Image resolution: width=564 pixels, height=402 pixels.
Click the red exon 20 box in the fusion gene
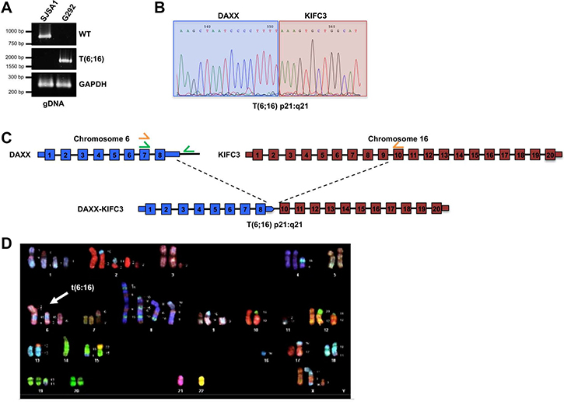pyautogui.click(x=436, y=209)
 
